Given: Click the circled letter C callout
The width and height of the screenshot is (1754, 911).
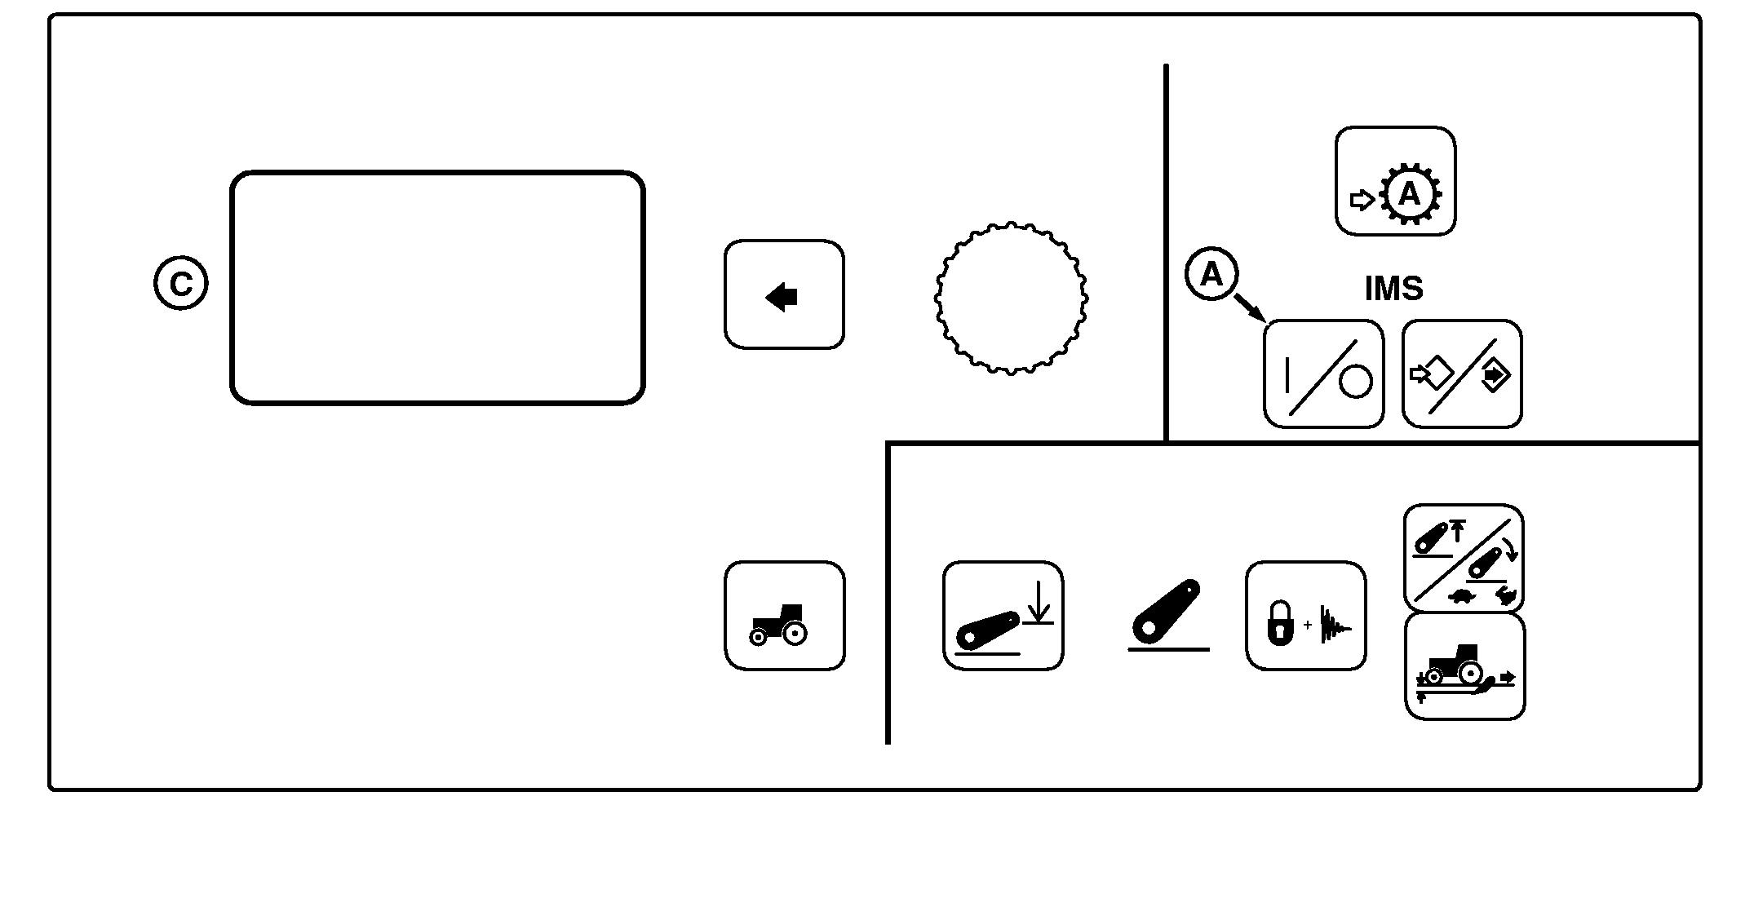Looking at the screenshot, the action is pyautogui.click(x=180, y=283).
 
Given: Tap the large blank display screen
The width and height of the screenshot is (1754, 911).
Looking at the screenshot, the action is pyautogui.click(x=437, y=288).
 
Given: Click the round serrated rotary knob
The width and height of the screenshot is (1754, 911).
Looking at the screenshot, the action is pyautogui.click(x=1011, y=299).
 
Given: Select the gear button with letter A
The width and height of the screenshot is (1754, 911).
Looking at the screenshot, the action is pyautogui.click(x=1395, y=181).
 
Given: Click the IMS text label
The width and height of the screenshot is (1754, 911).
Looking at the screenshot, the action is pyautogui.click(x=1393, y=289).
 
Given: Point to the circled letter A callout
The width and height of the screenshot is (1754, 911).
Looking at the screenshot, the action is pyautogui.click(x=1211, y=274).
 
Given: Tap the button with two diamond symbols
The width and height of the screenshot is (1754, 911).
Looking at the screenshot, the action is pyautogui.click(x=1462, y=374).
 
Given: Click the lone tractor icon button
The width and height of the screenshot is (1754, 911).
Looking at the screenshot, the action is pyautogui.click(x=785, y=616).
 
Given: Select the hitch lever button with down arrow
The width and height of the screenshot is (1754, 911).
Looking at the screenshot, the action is pyautogui.click(x=1003, y=616).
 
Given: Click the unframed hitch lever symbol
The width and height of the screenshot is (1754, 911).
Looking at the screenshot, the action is pyautogui.click(x=1168, y=616).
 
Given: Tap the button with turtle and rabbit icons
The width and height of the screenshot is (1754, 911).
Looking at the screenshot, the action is pyautogui.click(x=1464, y=558).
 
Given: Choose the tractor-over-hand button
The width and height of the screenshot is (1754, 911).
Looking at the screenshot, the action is pyautogui.click(x=1465, y=666).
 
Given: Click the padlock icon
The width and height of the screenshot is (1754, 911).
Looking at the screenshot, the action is pyautogui.click(x=1280, y=624).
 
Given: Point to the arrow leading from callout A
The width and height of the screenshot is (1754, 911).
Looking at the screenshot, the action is pyautogui.click(x=1250, y=307).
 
